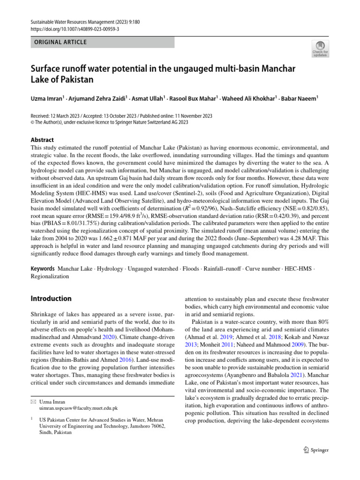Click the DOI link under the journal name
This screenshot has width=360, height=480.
[75, 29]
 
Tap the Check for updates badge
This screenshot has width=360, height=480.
[320, 48]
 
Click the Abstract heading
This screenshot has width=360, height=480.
[42, 140]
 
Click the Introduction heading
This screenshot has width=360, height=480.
[51, 299]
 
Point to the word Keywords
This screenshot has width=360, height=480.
[43, 270]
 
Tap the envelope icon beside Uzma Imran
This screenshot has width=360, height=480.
[33, 402]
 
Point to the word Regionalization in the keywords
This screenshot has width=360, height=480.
[50, 277]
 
